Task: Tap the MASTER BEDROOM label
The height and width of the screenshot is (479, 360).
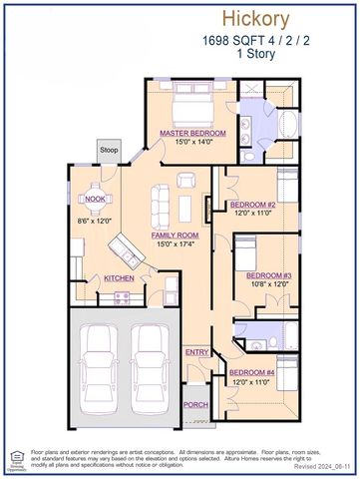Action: pyautogui.click(x=192, y=133)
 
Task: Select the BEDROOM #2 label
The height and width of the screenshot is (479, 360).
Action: pyautogui.click(x=253, y=205)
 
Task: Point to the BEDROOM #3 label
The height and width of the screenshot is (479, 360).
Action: pyautogui.click(x=268, y=274)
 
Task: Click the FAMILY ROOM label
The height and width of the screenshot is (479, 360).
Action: pyautogui.click(x=174, y=236)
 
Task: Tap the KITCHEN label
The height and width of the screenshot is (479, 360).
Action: pyautogui.click(x=120, y=277)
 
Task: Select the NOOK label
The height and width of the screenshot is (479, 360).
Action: pyautogui.click(x=96, y=199)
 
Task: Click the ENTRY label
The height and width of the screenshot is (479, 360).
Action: pyautogui.click(x=196, y=352)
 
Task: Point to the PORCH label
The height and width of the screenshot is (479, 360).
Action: pyautogui.click(x=195, y=404)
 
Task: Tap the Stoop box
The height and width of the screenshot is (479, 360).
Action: pyautogui.click(x=109, y=151)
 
